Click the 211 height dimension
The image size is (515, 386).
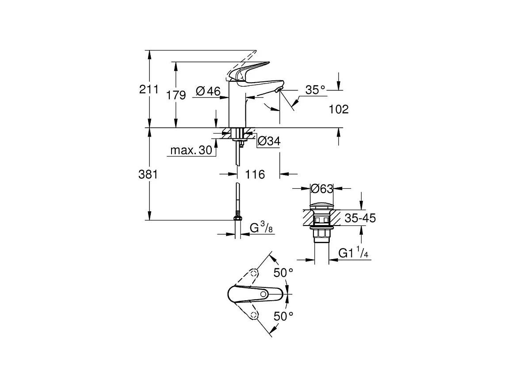point(149,90)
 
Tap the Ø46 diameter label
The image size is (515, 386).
point(207,92)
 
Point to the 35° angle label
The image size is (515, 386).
point(315,90)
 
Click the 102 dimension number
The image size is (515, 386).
point(339,109)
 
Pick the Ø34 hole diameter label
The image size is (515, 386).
point(269,141)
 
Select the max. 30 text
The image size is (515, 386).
point(191,151)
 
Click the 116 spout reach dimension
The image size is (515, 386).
point(255,175)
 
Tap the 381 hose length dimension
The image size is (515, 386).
point(149,174)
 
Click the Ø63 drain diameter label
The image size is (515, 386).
point(321,189)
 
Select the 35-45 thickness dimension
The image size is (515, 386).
point(360,218)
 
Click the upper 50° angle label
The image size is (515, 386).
point(283,273)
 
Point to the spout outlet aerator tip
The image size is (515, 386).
point(277,90)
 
